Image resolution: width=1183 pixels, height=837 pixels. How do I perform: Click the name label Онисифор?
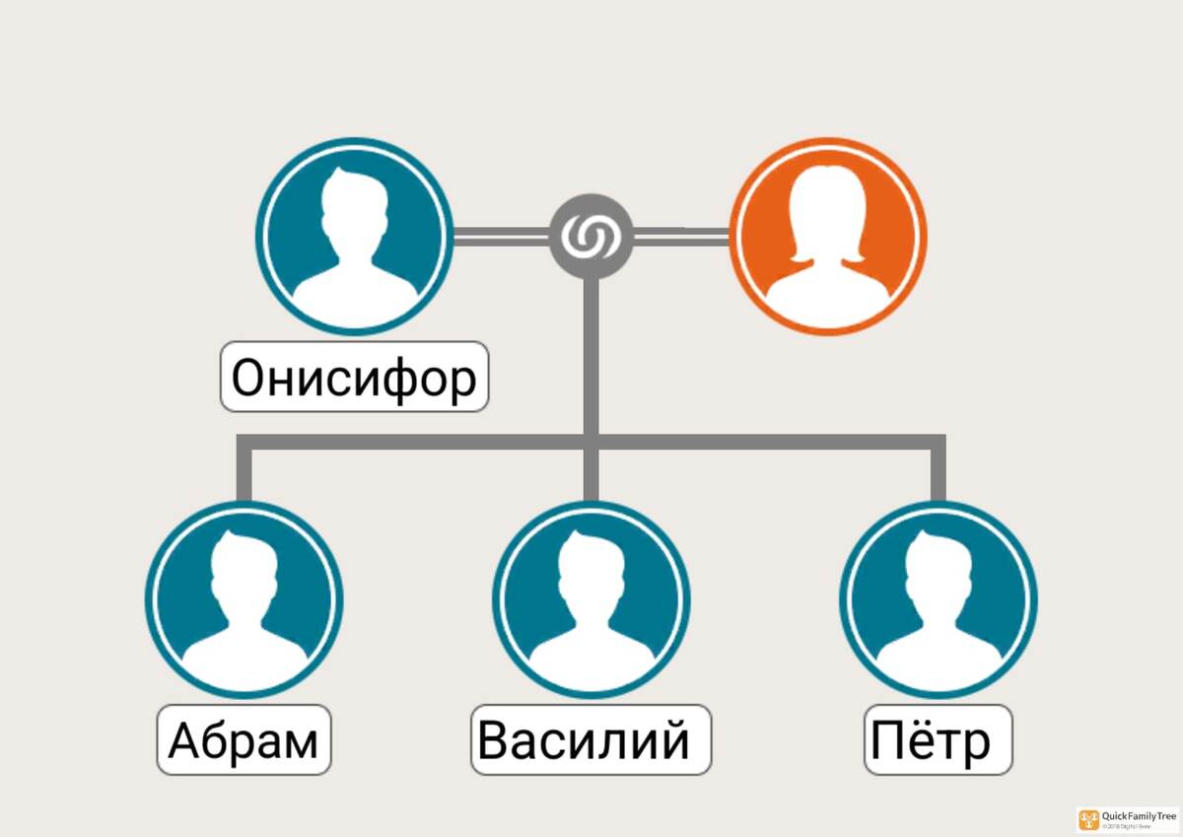[354, 377]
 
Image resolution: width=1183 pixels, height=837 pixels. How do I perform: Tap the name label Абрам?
[244, 739]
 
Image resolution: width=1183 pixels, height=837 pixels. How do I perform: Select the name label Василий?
[591, 739]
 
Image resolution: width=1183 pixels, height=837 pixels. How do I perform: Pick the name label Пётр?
[939, 739]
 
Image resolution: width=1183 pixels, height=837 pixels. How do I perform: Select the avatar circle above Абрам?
[244, 599]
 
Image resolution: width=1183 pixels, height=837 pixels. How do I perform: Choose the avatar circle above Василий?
[591, 599]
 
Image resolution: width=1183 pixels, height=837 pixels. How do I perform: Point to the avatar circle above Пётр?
[939, 599]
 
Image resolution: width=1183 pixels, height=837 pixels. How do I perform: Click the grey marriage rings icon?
[591, 236]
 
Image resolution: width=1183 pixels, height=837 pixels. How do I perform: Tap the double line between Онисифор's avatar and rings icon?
[500, 236]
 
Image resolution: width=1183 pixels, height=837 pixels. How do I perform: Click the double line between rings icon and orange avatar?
[680, 235]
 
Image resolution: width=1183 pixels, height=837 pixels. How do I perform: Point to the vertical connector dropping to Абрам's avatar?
[244, 473]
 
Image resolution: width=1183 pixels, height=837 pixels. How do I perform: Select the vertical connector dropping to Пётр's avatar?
[939, 473]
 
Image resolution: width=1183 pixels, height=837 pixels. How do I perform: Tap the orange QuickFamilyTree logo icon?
[1088, 819]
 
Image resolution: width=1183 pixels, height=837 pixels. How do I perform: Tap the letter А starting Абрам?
[184, 741]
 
